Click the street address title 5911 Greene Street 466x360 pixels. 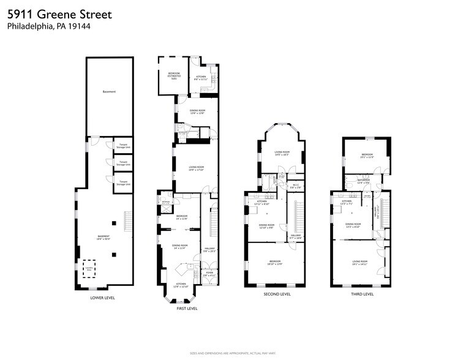coord(59,14)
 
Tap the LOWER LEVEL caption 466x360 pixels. coord(102,298)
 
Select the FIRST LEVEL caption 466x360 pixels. coord(187,309)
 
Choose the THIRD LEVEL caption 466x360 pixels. coord(361,294)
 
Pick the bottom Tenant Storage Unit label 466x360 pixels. coord(123,182)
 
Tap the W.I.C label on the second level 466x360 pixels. coord(295,186)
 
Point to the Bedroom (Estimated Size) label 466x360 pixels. coord(173,75)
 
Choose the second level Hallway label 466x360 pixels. coord(296,237)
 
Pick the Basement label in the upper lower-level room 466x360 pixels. coord(109,92)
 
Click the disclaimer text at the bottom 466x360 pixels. coord(233,354)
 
